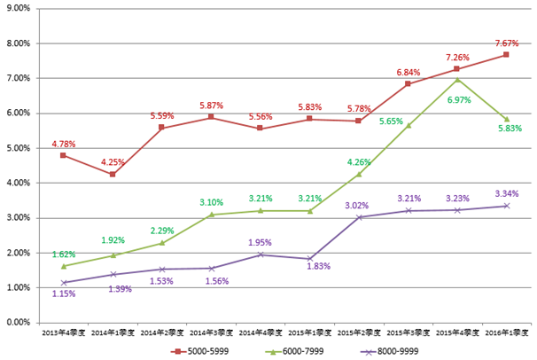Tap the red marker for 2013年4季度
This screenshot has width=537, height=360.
click(63, 155)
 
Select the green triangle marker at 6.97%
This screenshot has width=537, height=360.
click(456, 80)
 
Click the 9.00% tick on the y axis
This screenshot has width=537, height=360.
click(19, 8)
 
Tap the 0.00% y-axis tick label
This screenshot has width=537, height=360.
click(19, 322)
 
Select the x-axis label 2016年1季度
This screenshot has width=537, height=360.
click(505, 332)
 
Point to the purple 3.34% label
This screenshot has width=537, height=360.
click(505, 193)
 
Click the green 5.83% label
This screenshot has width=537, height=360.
click(509, 129)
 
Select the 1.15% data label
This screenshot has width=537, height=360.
click(62, 294)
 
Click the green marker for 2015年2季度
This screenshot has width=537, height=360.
click(358, 174)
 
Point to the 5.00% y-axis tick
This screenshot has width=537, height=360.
click(19, 147)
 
